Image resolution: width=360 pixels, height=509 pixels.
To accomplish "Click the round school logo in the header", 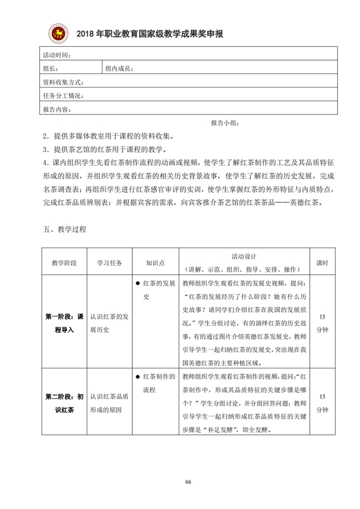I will [x=58, y=33].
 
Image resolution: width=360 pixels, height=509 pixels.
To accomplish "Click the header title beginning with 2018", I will [x=150, y=34].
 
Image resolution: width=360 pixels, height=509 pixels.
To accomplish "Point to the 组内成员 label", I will [x=119, y=69].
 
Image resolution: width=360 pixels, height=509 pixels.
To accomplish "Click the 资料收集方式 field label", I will [x=63, y=82].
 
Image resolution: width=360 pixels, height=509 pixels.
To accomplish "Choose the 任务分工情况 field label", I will [x=63, y=95].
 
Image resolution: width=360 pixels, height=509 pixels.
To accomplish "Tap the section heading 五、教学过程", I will [x=65, y=229].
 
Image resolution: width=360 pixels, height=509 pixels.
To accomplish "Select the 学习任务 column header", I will [x=109, y=263].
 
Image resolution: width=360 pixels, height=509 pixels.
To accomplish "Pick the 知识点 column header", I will [x=155, y=263].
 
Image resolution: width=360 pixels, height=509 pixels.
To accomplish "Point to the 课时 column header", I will [x=322, y=263].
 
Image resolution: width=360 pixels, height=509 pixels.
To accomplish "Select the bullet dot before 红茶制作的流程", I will [x=137, y=377].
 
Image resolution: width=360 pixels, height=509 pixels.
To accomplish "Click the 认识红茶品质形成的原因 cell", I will [x=109, y=403].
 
